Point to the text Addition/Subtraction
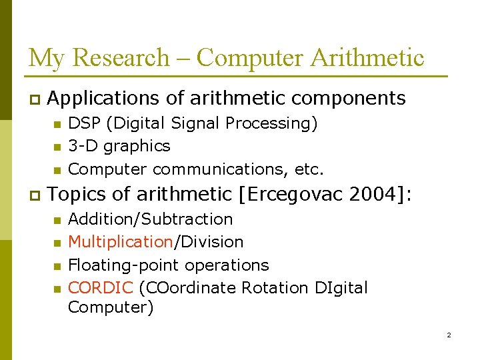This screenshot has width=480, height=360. [x=151, y=219]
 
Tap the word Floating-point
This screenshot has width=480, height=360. [x=125, y=265]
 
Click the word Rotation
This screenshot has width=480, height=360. [x=275, y=288]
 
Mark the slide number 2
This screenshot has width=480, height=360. [x=449, y=335]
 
